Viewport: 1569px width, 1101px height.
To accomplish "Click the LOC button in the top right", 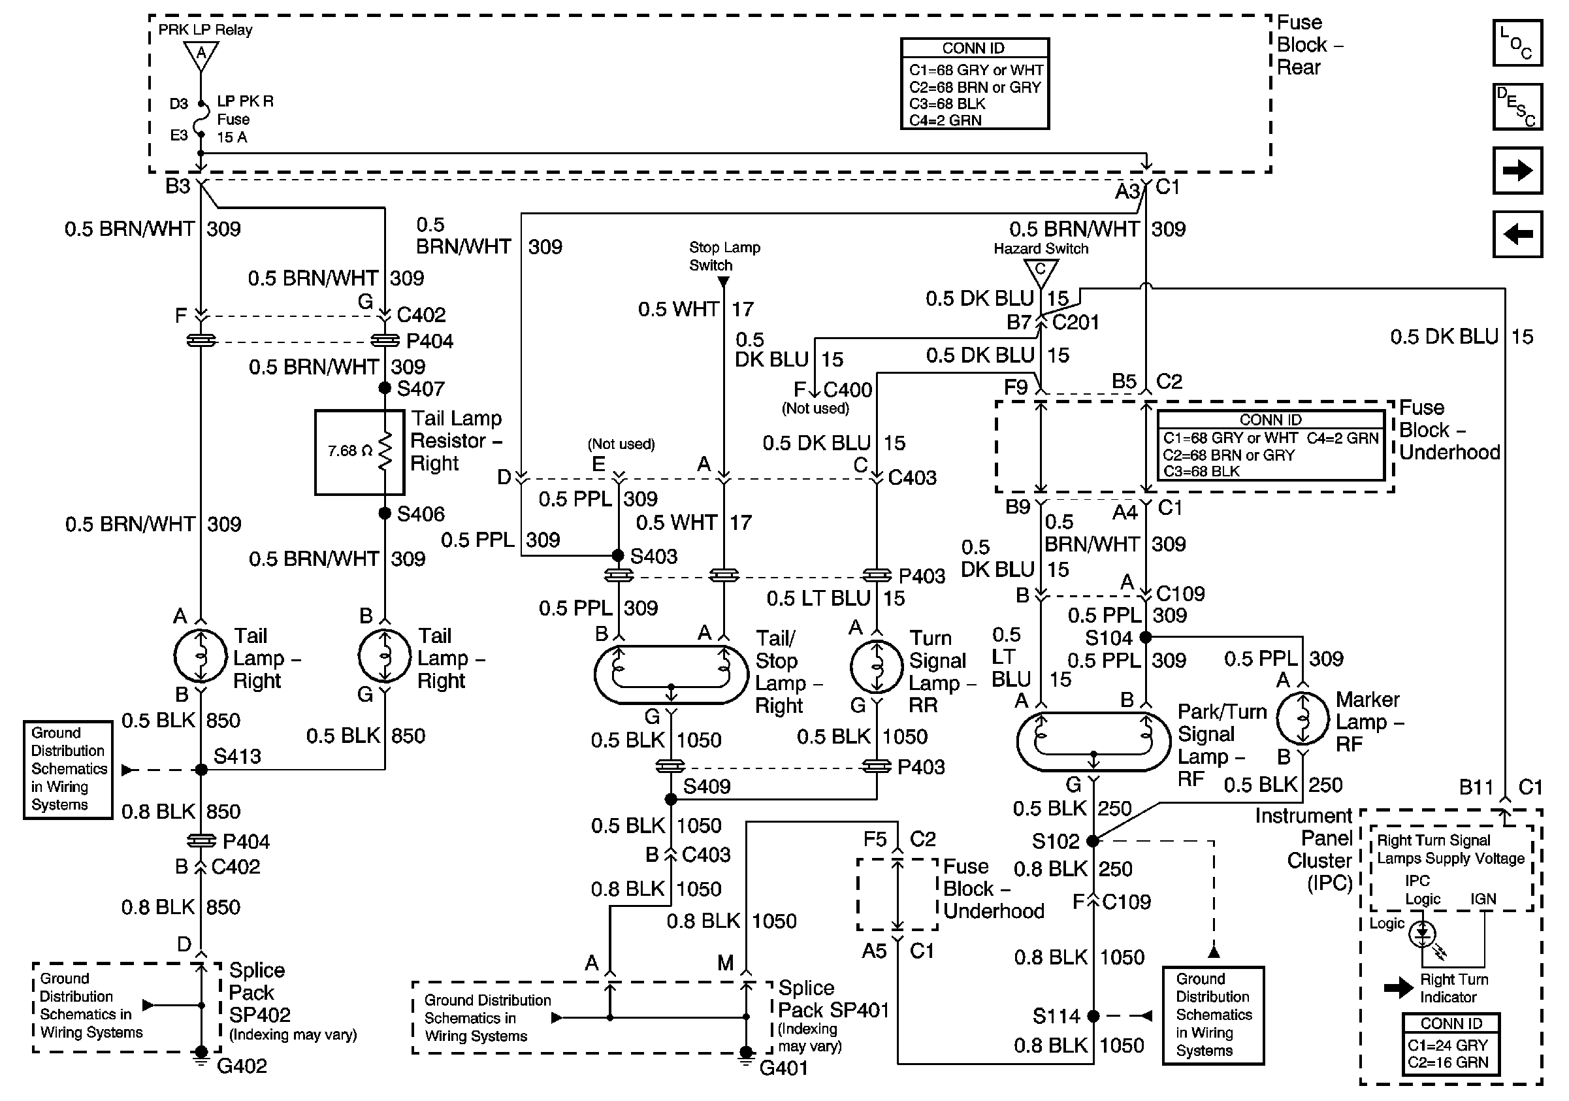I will (x=1517, y=43).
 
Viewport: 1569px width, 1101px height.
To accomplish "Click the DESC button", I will (x=1517, y=107).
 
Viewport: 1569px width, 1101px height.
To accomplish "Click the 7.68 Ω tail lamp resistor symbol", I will (x=385, y=451).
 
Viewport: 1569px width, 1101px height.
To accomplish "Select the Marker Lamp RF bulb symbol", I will (x=1302, y=718).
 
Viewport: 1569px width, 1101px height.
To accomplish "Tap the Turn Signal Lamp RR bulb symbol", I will (x=877, y=666).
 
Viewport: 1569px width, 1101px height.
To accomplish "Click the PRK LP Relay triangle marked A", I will (x=201, y=55).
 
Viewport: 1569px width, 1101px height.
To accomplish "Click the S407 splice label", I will (x=420, y=389).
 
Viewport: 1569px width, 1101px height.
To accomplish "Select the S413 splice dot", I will (x=201, y=770).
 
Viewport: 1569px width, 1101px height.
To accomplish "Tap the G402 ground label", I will (x=241, y=1066).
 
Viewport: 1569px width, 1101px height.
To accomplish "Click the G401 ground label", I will (x=783, y=1068).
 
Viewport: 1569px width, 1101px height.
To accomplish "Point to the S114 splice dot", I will (x=1093, y=1016).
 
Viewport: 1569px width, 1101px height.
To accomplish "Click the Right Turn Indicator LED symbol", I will (x=1423, y=934).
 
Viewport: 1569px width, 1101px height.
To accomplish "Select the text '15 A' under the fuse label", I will (x=232, y=137).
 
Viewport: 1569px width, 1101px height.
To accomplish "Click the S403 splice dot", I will (x=618, y=555).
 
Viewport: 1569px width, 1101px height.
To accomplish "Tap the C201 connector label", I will (x=1075, y=323).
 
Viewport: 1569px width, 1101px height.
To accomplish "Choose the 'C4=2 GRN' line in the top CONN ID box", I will (x=945, y=120).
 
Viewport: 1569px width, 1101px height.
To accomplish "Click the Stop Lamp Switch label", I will (x=724, y=256).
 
